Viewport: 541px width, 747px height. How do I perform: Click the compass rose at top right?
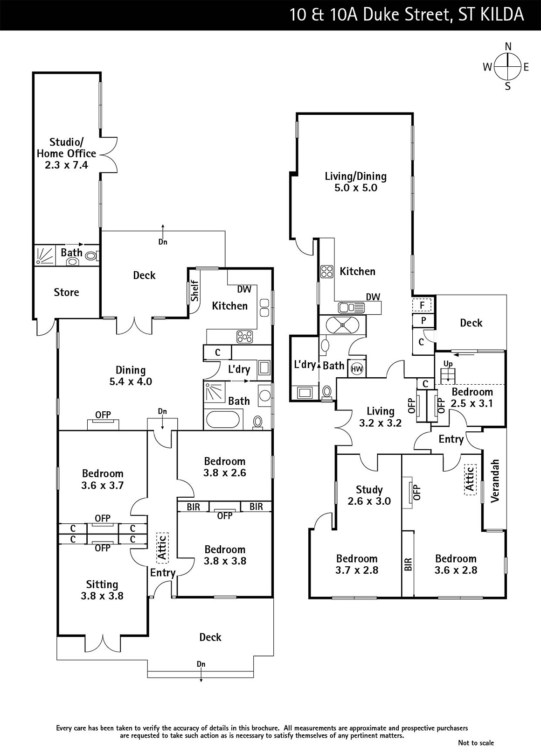coord(507,67)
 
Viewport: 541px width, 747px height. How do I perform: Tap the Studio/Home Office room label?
coord(67,153)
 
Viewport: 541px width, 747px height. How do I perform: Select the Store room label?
coord(66,292)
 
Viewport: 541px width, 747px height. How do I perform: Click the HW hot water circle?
coord(357,369)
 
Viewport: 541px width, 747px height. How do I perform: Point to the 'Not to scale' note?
coord(476,743)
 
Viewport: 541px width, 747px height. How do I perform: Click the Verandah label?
coord(495,480)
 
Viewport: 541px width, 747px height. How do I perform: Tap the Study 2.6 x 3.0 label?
coord(369,495)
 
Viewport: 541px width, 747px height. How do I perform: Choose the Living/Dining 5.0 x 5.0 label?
coord(356,182)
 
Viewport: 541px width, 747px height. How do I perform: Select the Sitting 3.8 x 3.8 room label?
coord(102,590)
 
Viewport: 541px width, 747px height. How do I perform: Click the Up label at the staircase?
coord(448,364)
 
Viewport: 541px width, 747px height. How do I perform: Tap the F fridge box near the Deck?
coord(422,305)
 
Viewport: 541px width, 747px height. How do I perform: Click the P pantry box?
coord(423,321)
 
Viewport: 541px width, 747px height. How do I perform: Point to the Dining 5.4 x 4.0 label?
coord(131,376)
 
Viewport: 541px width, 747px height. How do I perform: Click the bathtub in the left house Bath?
coord(223,419)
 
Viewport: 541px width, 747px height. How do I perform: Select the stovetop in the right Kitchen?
coord(327,271)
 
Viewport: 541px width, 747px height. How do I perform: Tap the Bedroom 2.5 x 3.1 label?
coord(472,398)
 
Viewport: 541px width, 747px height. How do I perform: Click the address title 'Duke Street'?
coord(406,14)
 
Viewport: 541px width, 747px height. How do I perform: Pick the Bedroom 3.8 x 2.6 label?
coord(225,467)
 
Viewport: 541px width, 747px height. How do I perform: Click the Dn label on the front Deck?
coord(201,664)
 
